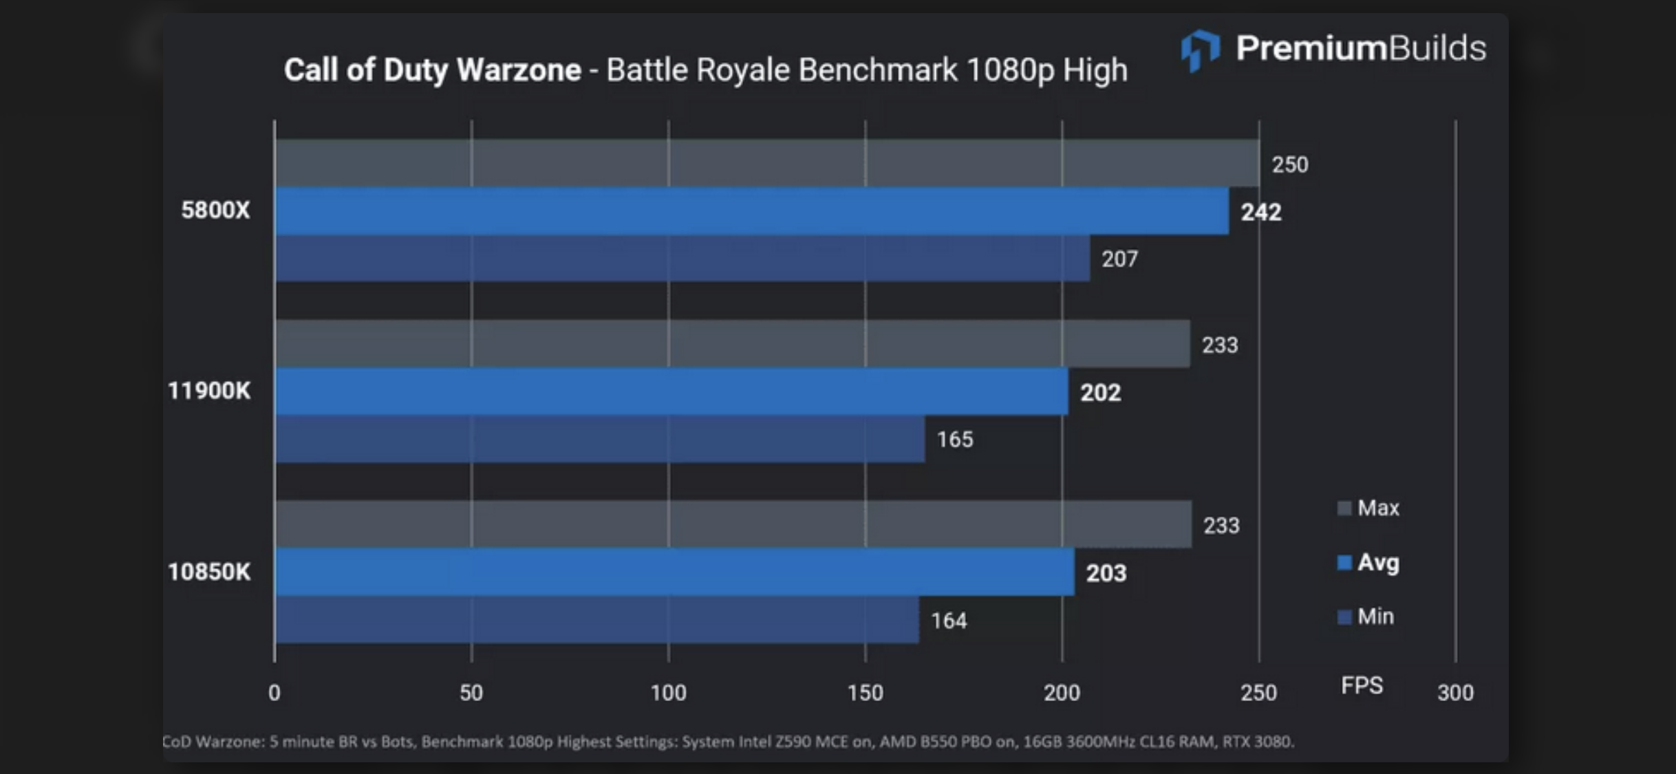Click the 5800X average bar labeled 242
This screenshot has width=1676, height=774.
[x=751, y=211]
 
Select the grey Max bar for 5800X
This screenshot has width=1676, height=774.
[x=766, y=164]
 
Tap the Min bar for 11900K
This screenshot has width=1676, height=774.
[x=599, y=439]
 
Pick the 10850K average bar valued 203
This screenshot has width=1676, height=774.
[x=674, y=572]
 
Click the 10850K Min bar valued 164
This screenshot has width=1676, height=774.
[x=597, y=620]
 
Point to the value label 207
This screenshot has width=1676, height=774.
[x=1119, y=259]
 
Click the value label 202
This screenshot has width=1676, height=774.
[x=1100, y=393]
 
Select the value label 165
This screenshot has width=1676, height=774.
[x=955, y=440]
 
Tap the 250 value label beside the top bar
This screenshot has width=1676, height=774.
[x=1289, y=165]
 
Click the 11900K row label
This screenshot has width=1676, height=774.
[x=209, y=391]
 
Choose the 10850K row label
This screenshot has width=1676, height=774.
[x=209, y=572]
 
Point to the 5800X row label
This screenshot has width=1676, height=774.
[x=215, y=210]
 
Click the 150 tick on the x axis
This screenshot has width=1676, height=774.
[x=865, y=692]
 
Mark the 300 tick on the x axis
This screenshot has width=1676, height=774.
[x=1455, y=692]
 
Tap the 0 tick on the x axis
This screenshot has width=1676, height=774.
[x=274, y=692]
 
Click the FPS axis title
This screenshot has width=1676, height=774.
[x=1362, y=685]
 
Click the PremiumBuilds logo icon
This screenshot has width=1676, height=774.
[x=1200, y=50]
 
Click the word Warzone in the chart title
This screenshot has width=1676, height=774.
[x=519, y=70]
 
